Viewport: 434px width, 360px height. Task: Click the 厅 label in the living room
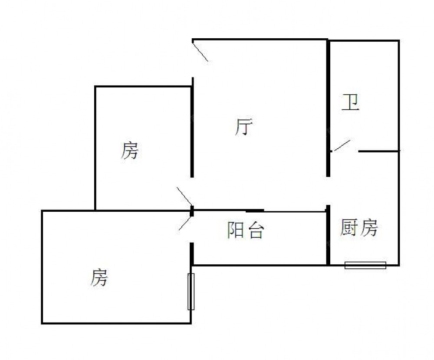[243, 127]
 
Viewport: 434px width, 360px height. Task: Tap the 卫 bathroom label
[350, 102]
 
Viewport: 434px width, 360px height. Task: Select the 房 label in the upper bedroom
[129, 150]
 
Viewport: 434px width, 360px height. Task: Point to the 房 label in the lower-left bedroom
[99, 277]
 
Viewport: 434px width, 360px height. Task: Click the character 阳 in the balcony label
[235, 230]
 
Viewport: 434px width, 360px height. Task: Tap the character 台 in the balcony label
[256, 230]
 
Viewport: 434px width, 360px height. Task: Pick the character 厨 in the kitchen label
[349, 227]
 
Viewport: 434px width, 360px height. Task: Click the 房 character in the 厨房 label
[368, 227]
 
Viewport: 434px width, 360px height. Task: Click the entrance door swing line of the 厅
[200, 51]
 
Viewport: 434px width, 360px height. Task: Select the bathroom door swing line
[342, 146]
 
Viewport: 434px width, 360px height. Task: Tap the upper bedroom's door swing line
[184, 197]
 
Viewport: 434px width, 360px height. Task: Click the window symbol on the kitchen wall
[365, 265]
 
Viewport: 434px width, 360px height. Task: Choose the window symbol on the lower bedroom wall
[191, 291]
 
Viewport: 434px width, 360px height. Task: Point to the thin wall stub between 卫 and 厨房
[379, 151]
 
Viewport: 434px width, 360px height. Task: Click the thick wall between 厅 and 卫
[328, 108]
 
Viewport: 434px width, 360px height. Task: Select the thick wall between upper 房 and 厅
[192, 127]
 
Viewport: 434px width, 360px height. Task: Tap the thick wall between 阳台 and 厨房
[328, 235]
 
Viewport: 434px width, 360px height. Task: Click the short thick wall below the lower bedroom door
[191, 254]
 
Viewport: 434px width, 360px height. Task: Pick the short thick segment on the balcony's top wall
[255, 211]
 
